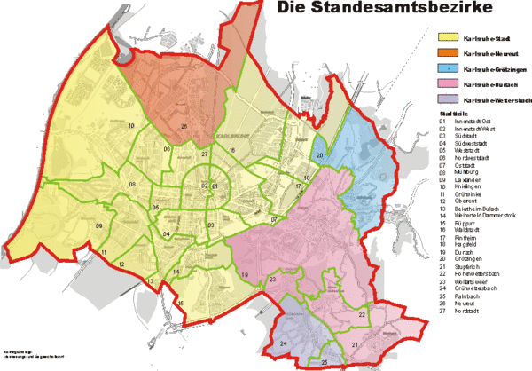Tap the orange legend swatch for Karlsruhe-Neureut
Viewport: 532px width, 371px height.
click(x=448, y=54)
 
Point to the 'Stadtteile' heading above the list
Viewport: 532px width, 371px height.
click(x=453, y=116)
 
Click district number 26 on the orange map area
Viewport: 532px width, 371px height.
click(x=184, y=126)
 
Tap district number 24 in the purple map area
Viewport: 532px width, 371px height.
click(x=283, y=343)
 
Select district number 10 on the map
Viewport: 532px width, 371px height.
click(x=131, y=127)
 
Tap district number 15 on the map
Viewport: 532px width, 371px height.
click(x=180, y=305)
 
